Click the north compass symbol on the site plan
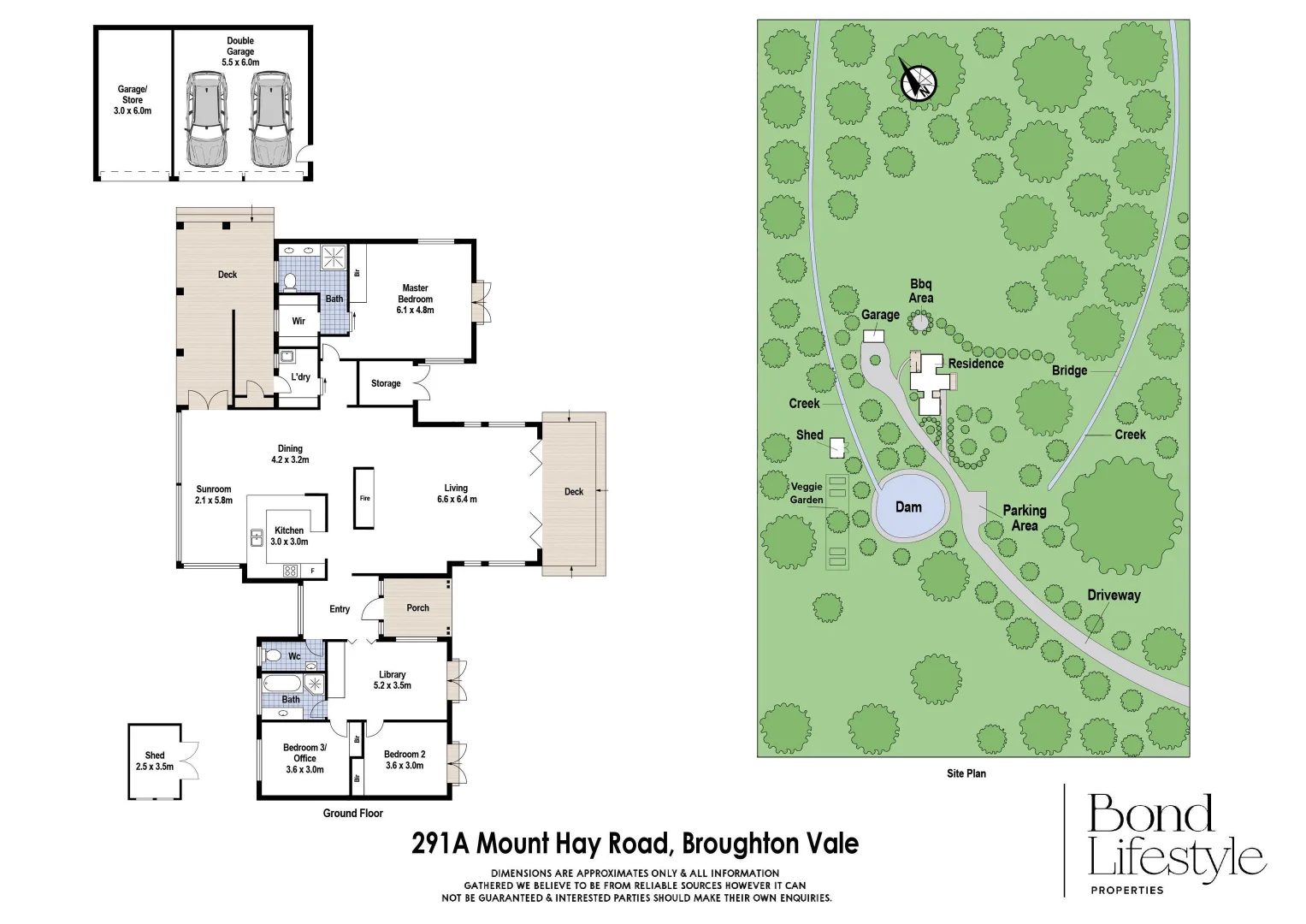(919, 83)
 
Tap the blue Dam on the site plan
(909, 507)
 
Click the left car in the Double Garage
(206, 119)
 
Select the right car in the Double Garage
(270, 119)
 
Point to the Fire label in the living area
(364, 498)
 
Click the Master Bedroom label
(415, 299)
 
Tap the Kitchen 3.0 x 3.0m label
(289, 536)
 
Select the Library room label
(393, 680)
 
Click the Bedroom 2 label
(405, 760)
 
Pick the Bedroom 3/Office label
(304, 758)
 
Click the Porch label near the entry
(417, 608)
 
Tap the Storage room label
(386, 383)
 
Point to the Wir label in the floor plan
(298, 322)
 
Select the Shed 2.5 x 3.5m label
(155, 761)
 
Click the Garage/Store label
(133, 100)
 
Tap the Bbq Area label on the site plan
(921, 291)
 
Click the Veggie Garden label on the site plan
(807, 493)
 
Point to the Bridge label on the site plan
(1069, 370)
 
